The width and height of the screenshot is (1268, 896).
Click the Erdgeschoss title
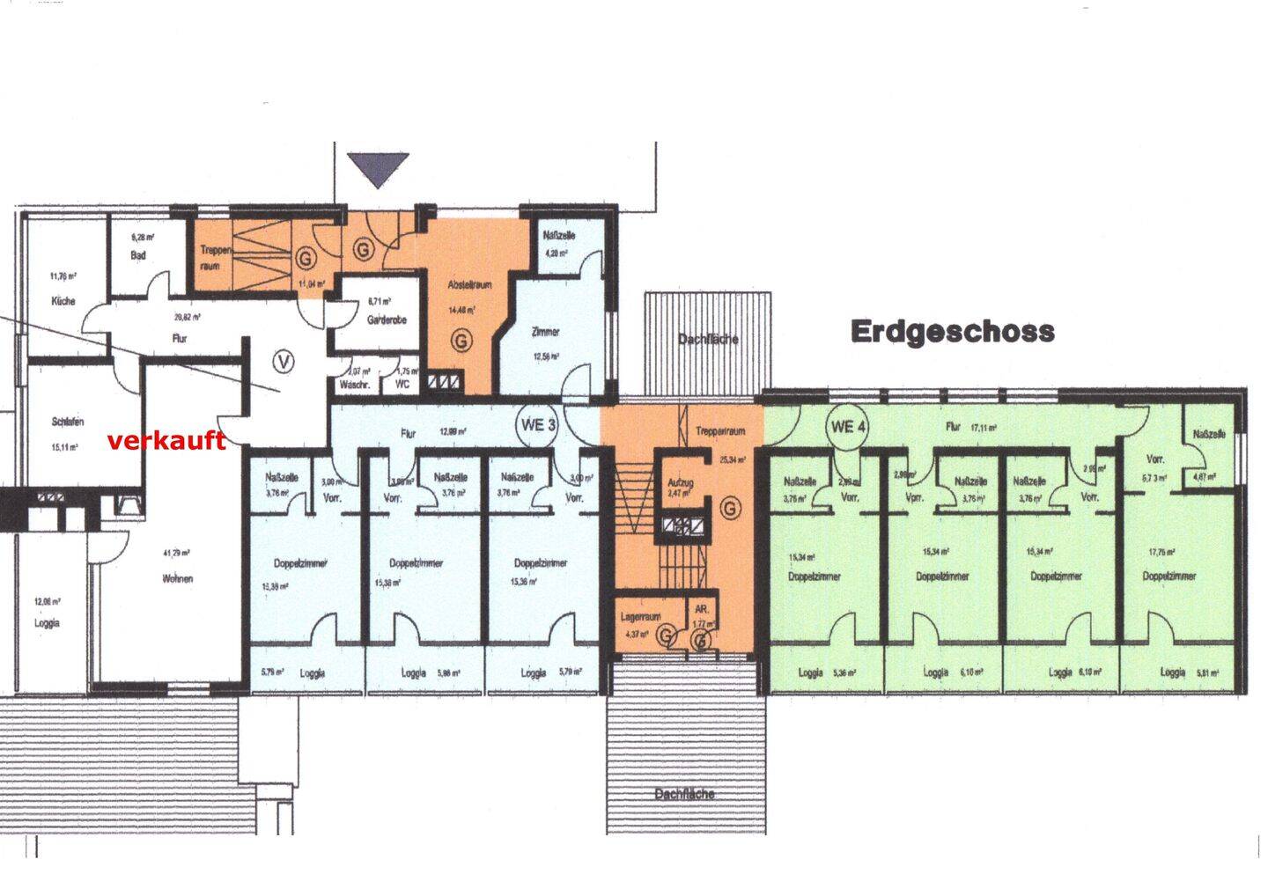pyautogui.click(x=952, y=331)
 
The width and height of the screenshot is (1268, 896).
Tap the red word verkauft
pyautogui.click(x=166, y=441)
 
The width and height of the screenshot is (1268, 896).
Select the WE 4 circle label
pyautogui.click(x=849, y=427)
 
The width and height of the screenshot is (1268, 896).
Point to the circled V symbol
pyautogui.click(x=284, y=361)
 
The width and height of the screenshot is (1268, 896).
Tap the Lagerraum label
pyautogui.click(x=640, y=617)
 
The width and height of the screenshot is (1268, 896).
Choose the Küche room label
pyautogui.click(x=63, y=301)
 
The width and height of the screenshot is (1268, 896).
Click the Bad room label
pyautogui.click(x=139, y=255)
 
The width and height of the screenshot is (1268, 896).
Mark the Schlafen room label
pyautogui.click(x=68, y=422)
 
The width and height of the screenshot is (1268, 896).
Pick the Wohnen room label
pyautogui.click(x=177, y=578)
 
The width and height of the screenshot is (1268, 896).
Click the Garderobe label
pyautogui.click(x=386, y=319)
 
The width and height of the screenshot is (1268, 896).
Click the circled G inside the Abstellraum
pyautogui.click(x=460, y=341)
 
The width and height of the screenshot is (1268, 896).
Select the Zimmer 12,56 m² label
pyautogui.click(x=546, y=332)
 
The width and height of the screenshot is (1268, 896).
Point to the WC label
pyautogui.click(x=402, y=384)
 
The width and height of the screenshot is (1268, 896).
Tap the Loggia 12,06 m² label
pyautogui.click(x=47, y=622)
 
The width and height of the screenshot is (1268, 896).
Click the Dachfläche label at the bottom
pyautogui.click(x=684, y=794)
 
